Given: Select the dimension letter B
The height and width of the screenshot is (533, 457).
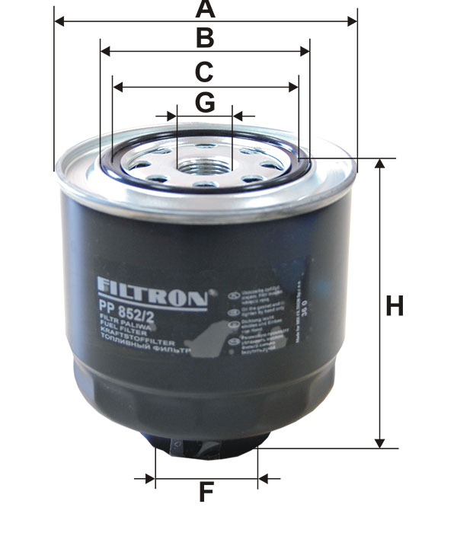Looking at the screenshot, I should [204, 37].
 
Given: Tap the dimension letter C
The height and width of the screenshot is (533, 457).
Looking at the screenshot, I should [203, 72].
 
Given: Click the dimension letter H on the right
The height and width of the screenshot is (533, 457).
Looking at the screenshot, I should [394, 307].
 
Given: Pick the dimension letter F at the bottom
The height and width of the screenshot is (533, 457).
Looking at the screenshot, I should [206, 493].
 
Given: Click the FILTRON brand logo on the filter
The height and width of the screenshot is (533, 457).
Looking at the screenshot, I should [152, 295].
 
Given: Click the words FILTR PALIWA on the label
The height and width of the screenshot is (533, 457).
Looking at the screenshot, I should [122, 325].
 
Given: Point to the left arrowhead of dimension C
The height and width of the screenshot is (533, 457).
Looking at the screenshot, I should [117, 87].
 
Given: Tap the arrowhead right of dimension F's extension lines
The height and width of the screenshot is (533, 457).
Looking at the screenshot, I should [264, 479].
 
